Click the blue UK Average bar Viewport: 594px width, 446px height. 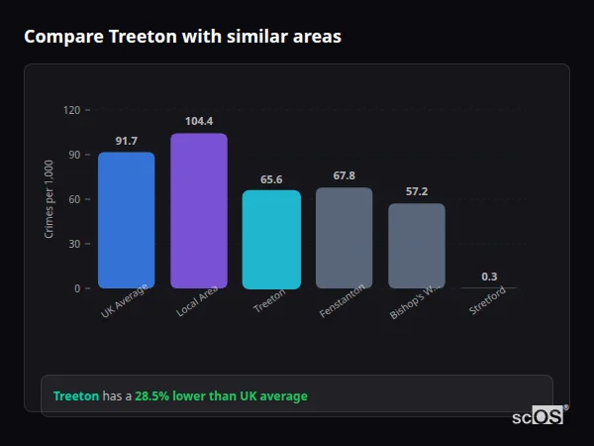coord(126,220)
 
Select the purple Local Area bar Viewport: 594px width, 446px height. coord(198,211)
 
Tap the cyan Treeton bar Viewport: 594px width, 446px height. coord(271,240)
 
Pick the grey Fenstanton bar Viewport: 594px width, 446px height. coord(344,238)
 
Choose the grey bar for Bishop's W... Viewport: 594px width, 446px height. coord(416,246)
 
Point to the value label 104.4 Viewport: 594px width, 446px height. coord(199,122)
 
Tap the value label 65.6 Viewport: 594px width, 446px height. coord(271,179)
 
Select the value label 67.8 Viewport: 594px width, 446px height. coord(345,176)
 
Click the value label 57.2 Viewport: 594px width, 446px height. coord(417,191)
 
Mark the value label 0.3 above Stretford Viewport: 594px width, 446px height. coord(489,277)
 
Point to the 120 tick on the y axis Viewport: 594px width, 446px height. coord(70,110)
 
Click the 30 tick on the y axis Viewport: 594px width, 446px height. coord(73,244)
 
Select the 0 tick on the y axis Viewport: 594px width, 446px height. coord(76,288)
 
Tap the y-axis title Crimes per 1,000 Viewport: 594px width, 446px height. coord(49,199)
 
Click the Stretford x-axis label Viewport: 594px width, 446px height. coord(488,302)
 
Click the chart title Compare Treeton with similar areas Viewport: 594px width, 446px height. coord(182,37)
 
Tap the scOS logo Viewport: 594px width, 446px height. coord(539,416)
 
